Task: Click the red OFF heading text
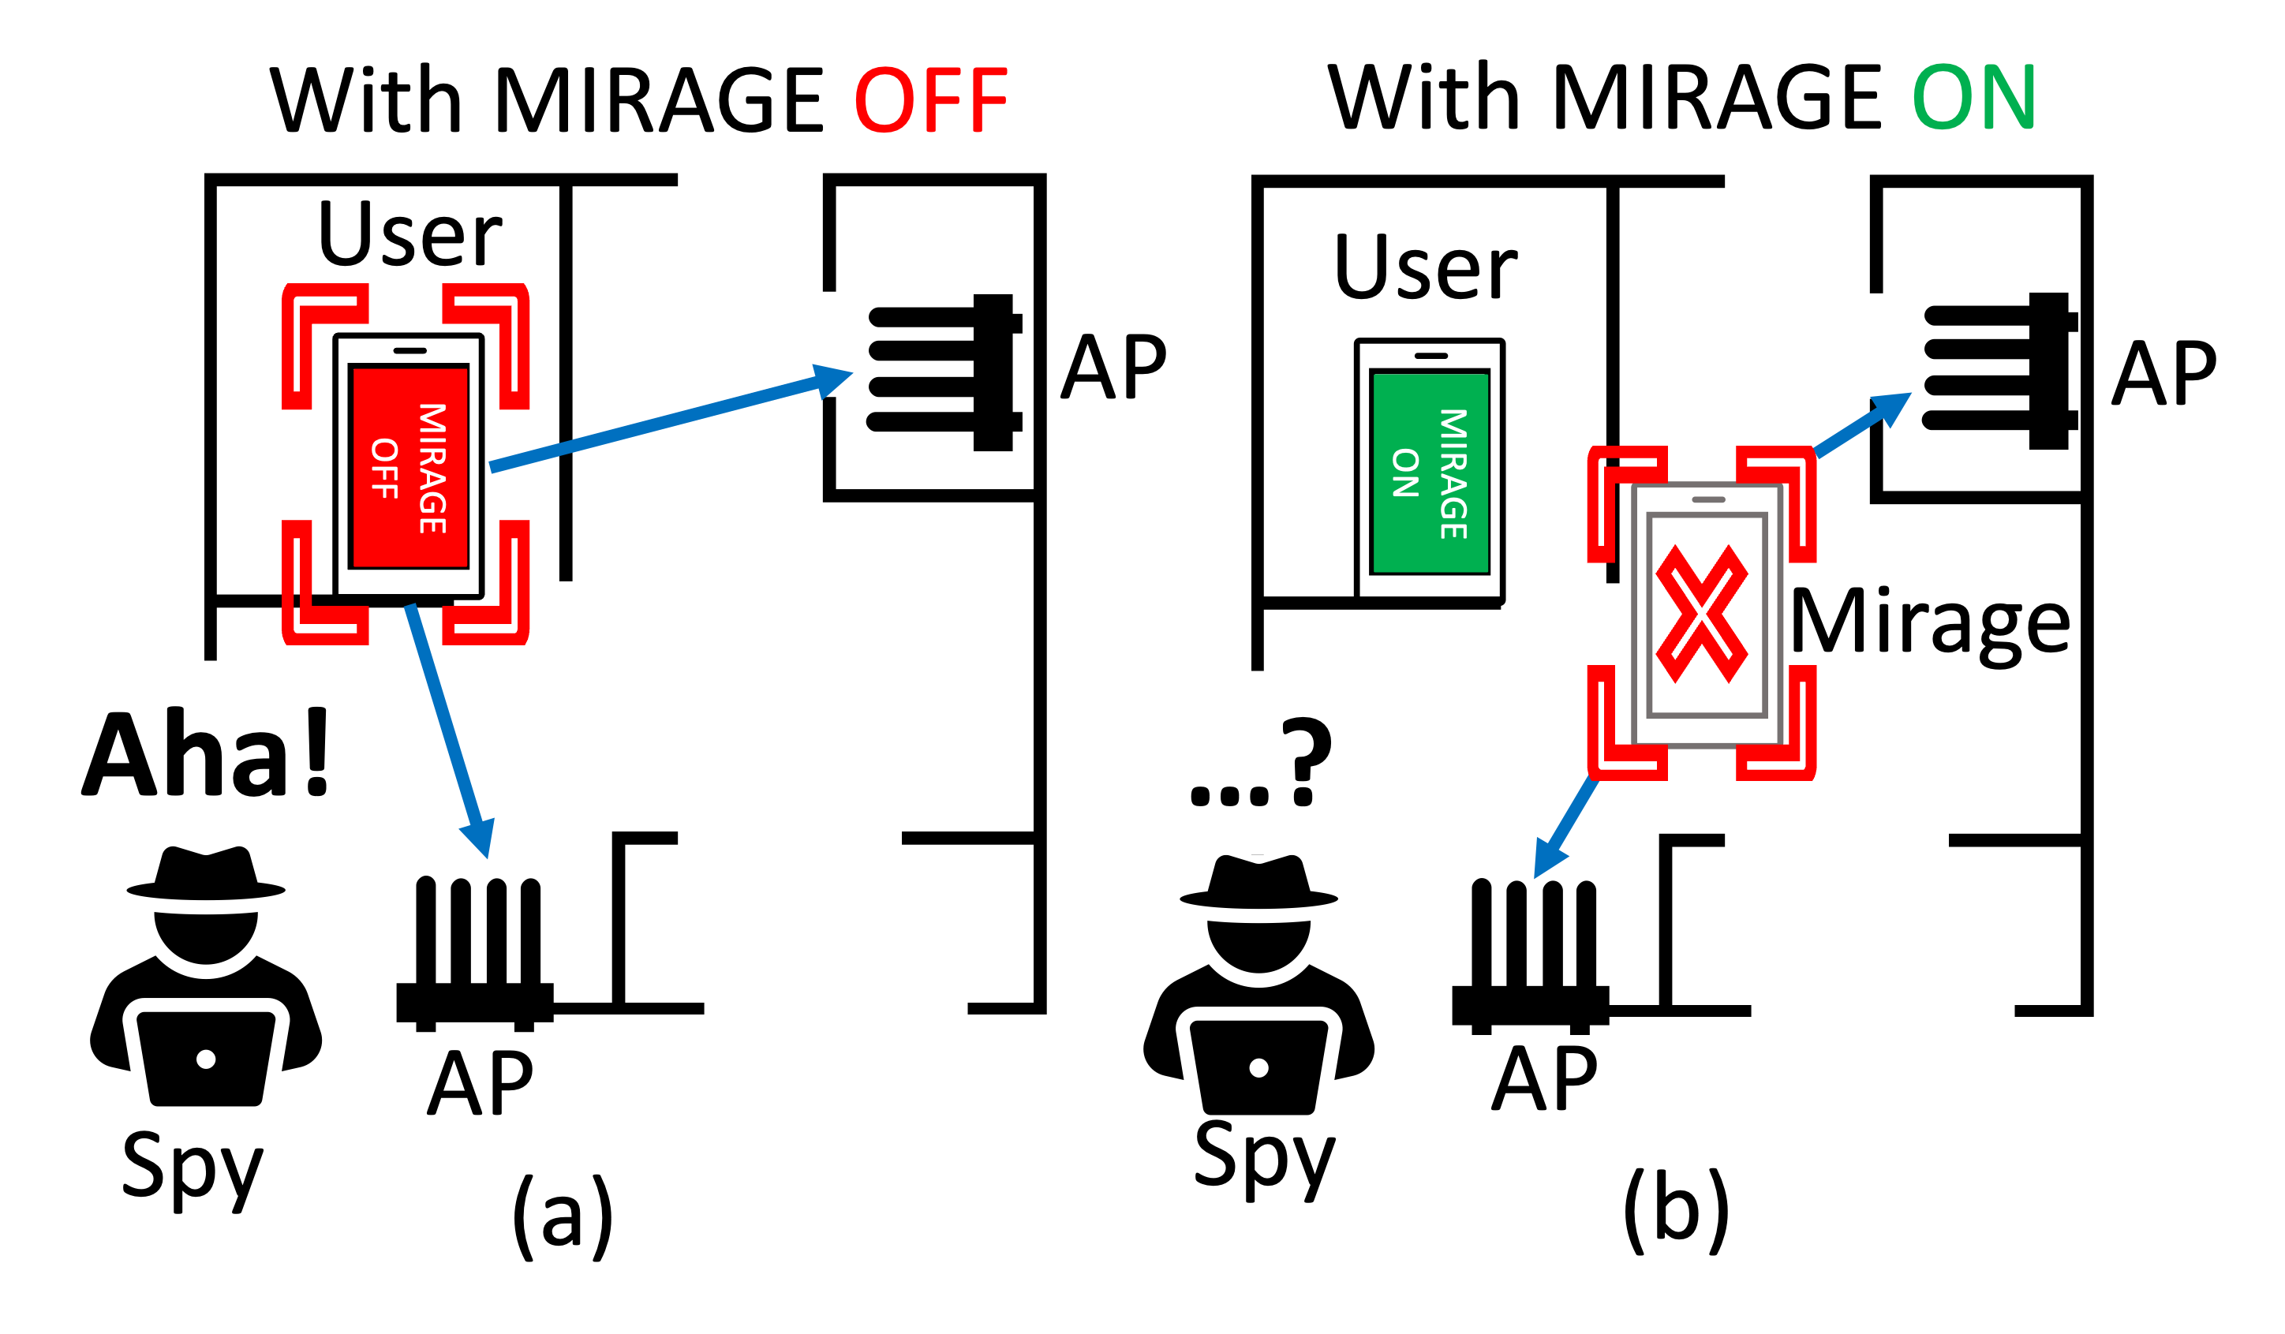tap(931, 99)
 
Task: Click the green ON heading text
tap(1974, 97)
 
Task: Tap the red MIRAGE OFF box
tap(410, 467)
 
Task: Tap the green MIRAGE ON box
tap(1430, 473)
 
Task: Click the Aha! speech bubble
tap(209, 752)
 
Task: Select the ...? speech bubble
tap(1260, 762)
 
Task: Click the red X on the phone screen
tap(1701, 613)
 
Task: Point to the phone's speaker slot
tap(1708, 499)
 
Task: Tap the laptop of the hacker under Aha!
tap(206, 1057)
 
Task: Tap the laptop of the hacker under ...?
tap(1258, 1067)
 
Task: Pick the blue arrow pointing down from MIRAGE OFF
tap(450, 726)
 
